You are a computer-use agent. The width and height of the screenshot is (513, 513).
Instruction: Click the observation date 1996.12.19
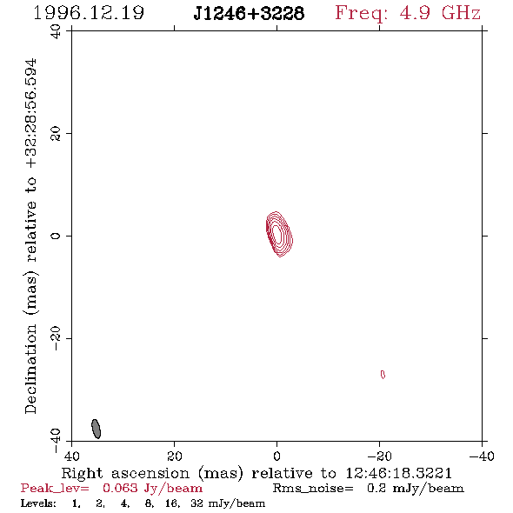click(89, 13)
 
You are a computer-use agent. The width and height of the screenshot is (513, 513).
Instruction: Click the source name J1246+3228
click(249, 14)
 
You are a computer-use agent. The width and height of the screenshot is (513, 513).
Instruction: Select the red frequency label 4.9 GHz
click(440, 13)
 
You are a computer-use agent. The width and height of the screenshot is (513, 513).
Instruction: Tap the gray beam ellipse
click(96, 429)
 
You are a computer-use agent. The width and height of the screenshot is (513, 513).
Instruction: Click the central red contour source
click(279, 234)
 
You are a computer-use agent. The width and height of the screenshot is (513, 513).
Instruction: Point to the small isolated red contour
click(383, 374)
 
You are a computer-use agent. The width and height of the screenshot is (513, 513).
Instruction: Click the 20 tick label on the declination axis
click(56, 134)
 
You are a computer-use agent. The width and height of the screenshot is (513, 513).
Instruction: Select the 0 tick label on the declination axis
click(56, 236)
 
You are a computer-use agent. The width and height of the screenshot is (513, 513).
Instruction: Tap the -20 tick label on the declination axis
click(56, 338)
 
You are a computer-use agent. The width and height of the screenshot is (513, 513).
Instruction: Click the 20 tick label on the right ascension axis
click(175, 456)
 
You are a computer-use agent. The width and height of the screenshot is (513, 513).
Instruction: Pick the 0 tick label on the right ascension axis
click(276, 456)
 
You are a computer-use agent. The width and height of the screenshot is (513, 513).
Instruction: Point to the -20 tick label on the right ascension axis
click(379, 456)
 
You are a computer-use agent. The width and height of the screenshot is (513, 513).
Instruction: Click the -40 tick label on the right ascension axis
click(482, 456)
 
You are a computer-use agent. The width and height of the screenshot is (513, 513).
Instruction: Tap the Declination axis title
click(31, 237)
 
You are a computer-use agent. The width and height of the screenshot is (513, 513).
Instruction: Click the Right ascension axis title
click(256, 473)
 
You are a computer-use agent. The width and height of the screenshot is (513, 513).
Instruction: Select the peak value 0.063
click(120, 488)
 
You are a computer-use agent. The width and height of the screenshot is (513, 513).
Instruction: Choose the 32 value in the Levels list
click(197, 503)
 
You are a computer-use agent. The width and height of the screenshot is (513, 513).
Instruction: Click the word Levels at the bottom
click(38, 503)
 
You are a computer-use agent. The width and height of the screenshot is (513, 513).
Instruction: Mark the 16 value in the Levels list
click(172, 503)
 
